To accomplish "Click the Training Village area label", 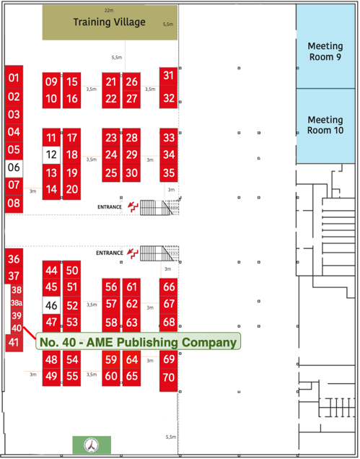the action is coord(109,22).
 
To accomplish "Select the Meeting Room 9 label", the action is coord(325,51).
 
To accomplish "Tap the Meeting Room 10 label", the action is coord(325,125).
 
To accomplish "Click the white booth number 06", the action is coord(14,168).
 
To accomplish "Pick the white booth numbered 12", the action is coord(51,154).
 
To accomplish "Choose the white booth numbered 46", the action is coord(51,305).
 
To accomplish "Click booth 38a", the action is coord(17,302).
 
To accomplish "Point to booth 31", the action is coord(168,76).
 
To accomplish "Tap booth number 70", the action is coord(169,377).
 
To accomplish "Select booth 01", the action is coord(14,78).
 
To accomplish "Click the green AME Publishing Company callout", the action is coord(138,341).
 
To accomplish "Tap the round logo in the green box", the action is coord(92,445).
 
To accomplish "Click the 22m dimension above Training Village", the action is coord(109,11).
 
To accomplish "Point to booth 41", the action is coord(14,343).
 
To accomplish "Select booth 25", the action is coord(111,172).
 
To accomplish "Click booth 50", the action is coord(71,270).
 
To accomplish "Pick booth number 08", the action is coord(14,204).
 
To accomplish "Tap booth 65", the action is coord(131,376).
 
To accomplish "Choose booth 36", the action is coord(14,259).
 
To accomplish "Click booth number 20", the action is coord(71,190).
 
